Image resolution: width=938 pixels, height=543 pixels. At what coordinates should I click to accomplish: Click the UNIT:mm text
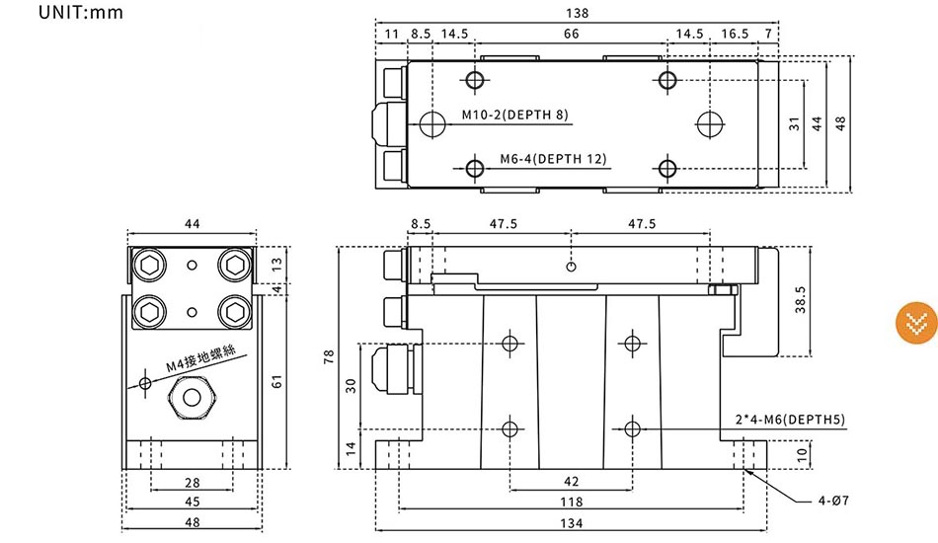[81, 12]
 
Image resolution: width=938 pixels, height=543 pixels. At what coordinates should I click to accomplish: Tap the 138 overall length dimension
[578, 13]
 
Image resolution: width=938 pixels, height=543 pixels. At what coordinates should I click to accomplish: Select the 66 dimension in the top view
[572, 34]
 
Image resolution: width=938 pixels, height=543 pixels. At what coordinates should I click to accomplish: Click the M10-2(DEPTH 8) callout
[515, 115]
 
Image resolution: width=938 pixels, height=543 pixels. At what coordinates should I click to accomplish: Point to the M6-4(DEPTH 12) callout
[553, 159]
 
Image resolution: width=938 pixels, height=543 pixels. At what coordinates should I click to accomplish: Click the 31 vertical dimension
[794, 123]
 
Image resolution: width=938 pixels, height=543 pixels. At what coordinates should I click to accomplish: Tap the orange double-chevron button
[916, 323]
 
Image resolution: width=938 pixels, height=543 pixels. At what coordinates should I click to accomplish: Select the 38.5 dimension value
[801, 299]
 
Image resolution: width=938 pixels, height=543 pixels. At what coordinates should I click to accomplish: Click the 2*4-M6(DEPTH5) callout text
[790, 420]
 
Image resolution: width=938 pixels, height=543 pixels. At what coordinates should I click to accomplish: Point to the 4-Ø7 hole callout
[833, 501]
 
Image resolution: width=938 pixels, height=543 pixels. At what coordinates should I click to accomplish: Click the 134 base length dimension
[572, 523]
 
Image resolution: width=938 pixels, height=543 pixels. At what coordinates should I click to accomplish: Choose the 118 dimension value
[572, 502]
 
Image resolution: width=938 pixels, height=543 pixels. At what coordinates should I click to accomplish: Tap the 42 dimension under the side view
[572, 482]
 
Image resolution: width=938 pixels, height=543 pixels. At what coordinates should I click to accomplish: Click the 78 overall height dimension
[329, 357]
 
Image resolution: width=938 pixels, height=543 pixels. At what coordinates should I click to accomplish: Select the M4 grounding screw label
[200, 357]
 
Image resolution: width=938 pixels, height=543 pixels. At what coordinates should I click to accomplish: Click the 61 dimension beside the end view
[276, 381]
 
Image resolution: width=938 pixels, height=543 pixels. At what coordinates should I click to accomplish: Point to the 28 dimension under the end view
[192, 483]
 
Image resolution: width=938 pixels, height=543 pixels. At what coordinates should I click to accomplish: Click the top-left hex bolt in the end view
[149, 265]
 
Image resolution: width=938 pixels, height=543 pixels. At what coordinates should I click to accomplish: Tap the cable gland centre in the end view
[192, 397]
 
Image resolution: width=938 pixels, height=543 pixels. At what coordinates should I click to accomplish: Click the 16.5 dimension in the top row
[735, 34]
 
